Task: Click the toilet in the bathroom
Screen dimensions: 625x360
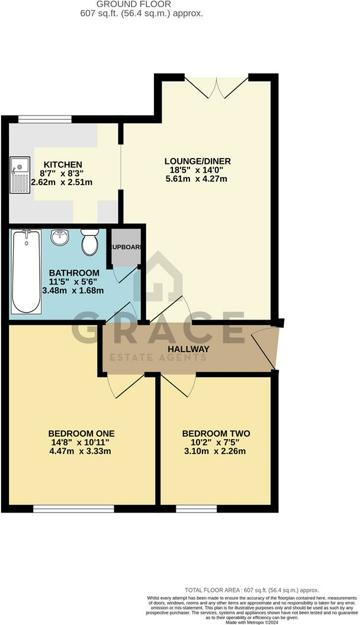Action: (90, 242)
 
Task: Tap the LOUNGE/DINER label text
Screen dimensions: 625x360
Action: (198, 161)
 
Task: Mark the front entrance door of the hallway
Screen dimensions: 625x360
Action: (265, 349)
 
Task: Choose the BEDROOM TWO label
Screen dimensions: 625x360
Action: (216, 434)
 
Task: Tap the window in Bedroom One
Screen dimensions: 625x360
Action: (73, 507)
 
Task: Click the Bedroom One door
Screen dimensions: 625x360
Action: (126, 386)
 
